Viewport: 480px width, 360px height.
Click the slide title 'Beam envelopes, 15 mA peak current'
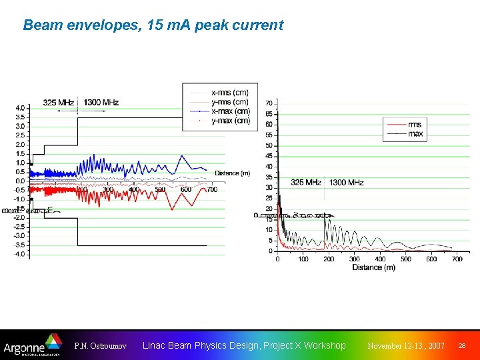tap(153, 25)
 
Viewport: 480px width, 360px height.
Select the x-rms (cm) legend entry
tap(229, 92)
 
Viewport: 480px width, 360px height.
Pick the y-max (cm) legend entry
tap(231, 121)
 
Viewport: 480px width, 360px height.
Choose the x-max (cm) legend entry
tap(231, 111)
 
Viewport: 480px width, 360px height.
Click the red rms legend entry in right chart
tap(414, 125)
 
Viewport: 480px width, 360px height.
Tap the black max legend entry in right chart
tap(415, 134)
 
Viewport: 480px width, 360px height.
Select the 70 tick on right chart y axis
tap(268, 103)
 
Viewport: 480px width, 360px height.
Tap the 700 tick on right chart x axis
tap(457, 259)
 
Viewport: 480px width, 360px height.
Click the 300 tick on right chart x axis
tap(355, 259)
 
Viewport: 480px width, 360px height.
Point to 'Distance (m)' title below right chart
tap(374, 268)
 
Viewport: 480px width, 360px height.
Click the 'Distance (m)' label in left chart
tap(232, 173)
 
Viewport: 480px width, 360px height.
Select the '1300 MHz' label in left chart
tap(101, 102)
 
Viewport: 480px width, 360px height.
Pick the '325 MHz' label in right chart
tap(306, 182)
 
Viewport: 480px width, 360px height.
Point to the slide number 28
tap(462, 345)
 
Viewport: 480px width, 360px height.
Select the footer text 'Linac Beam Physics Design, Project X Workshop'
tap(244, 345)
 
